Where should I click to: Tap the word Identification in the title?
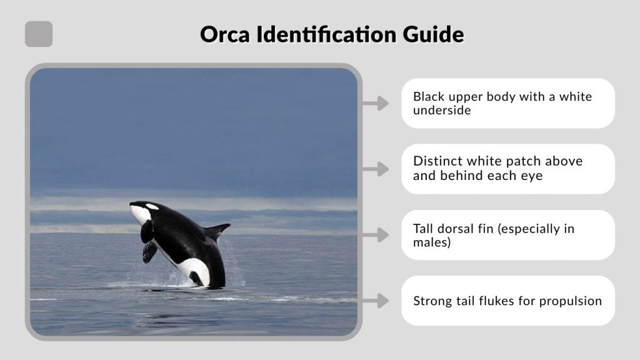tap(324, 34)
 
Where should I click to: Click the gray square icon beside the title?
tap(39, 34)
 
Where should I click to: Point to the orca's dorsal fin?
tap(217, 231)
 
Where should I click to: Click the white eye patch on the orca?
tap(152, 207)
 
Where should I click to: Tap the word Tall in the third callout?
tap(424, 228)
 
